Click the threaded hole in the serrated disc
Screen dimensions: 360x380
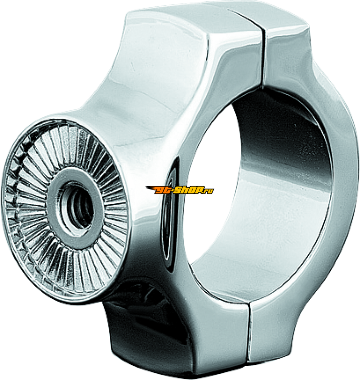pos(80,206)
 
